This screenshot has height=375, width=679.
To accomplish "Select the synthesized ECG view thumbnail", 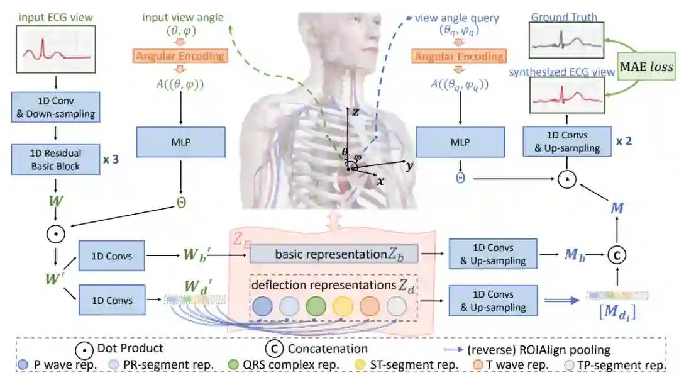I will point(566,98).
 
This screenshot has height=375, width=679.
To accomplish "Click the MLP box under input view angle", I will point(180,143).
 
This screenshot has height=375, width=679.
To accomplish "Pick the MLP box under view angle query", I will point(459,143).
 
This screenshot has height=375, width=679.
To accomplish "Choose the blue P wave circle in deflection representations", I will point(263,308).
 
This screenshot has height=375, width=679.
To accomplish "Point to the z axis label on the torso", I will point(355,111).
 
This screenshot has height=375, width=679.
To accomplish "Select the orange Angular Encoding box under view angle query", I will point(459,57).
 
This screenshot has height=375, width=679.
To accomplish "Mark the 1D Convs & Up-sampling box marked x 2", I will point(566,142).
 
